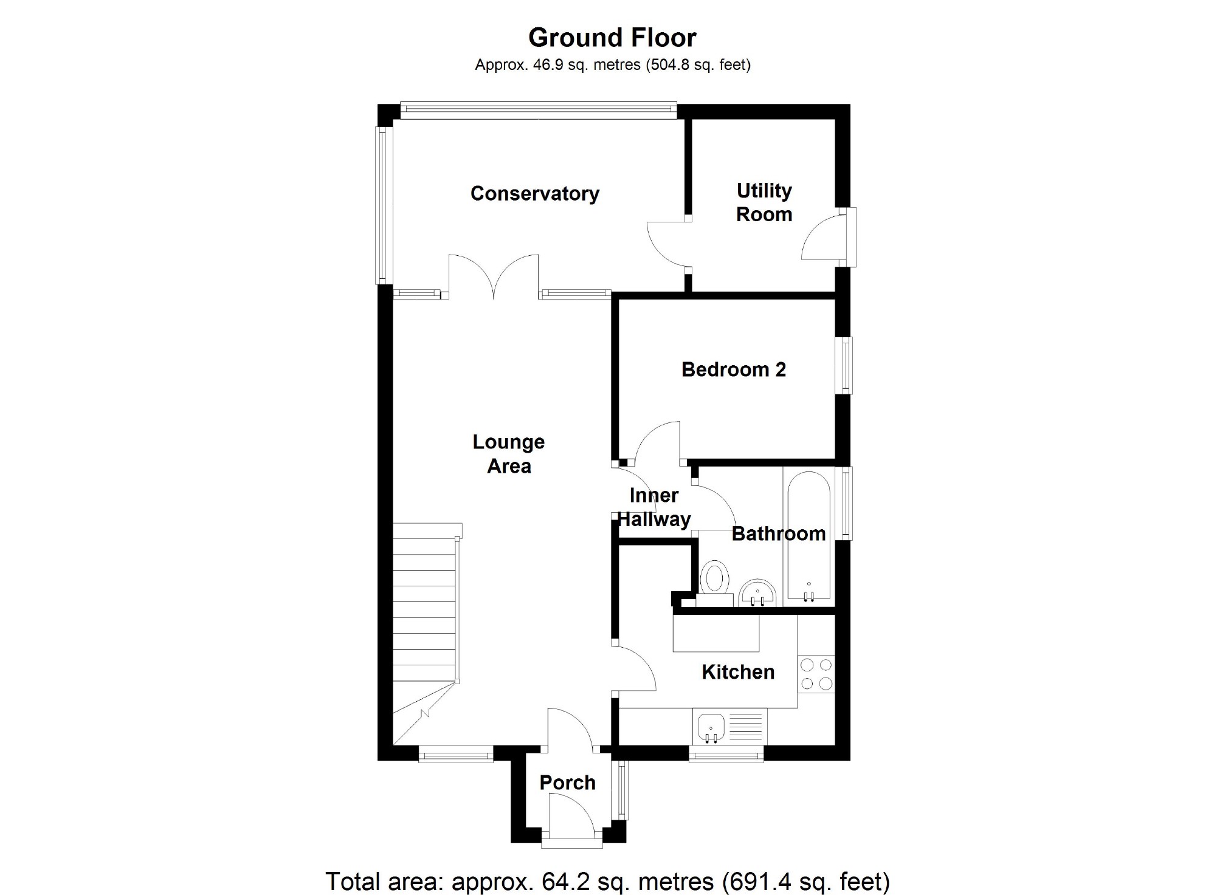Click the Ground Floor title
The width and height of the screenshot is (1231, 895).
tap(612, 38)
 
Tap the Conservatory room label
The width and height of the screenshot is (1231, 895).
tap(534, 193)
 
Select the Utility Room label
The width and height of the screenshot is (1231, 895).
tap(764, 202)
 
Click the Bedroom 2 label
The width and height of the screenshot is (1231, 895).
tap(733, 369)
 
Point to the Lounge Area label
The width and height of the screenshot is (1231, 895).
tap(509, 454)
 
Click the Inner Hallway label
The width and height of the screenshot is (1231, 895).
tap(654, 507)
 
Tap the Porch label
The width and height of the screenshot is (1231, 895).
tap(567, 783)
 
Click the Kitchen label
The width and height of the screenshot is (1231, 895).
tap(738, 672)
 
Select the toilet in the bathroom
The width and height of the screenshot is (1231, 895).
tap(715, 579)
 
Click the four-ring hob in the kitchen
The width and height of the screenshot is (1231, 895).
tap(816, 674)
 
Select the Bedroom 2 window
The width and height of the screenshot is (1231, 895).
tap(846, 365)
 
